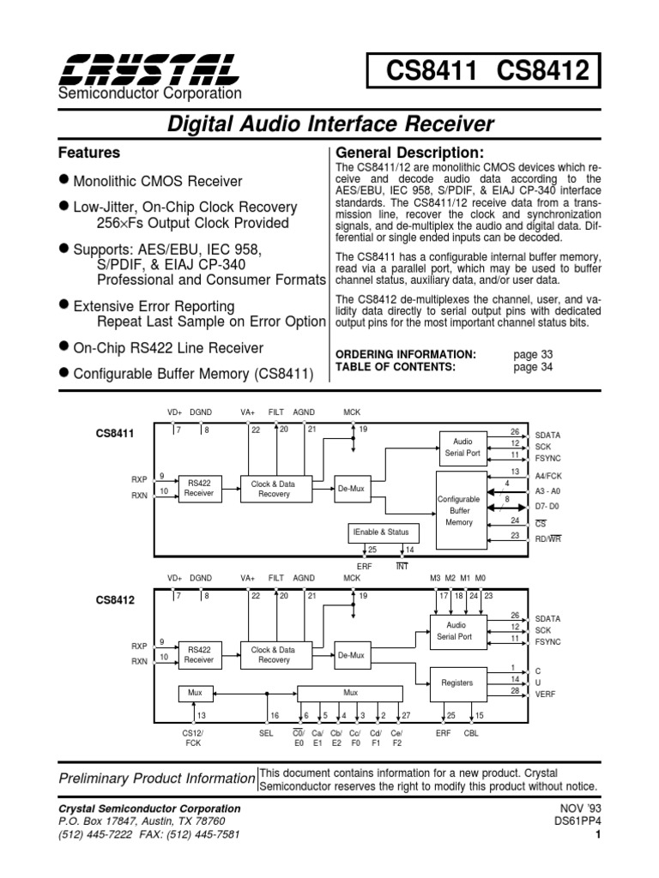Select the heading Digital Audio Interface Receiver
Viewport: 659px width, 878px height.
[329, 124]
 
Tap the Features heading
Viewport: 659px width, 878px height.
[88, 153]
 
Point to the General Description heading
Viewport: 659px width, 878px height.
[402, 153]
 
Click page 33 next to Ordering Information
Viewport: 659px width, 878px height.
[533, 354]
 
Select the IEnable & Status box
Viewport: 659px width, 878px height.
[384, 532]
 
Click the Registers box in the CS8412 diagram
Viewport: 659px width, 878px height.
[456, 683]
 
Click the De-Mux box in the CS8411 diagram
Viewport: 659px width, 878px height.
[350, 489]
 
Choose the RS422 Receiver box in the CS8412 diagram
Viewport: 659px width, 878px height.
[199, 655]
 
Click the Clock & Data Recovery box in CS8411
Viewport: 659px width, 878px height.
[273, 489]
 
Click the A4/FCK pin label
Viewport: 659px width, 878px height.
[550, 473]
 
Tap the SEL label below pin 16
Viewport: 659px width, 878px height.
[266, 733]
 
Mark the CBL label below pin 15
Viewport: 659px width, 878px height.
[472, 733]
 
